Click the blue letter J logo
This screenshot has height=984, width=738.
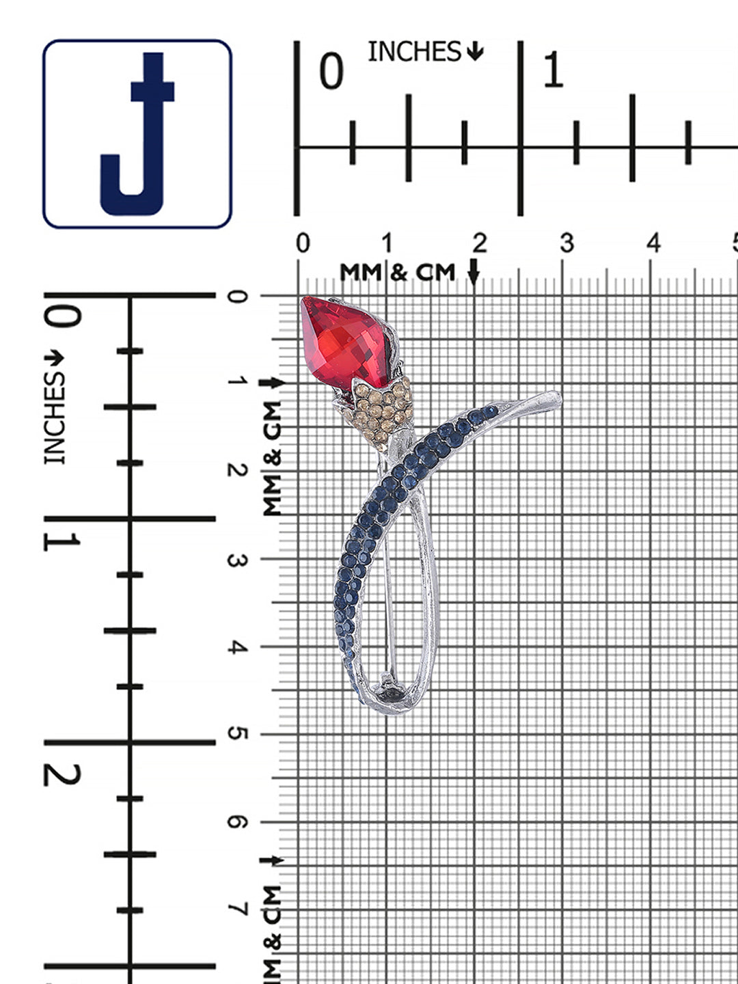coord(137,133)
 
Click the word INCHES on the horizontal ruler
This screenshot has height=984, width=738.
coord(415,51)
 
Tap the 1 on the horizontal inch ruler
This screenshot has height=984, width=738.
coord(553,70)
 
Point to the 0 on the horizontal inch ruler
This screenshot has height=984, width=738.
coord(331,70)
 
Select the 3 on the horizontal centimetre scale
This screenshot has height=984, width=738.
coord(567,243)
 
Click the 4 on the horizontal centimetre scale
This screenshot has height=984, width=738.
coord(654,243)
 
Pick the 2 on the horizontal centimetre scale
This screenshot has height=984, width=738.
coord(480,243)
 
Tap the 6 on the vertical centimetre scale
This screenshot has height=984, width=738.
coord(238,822)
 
